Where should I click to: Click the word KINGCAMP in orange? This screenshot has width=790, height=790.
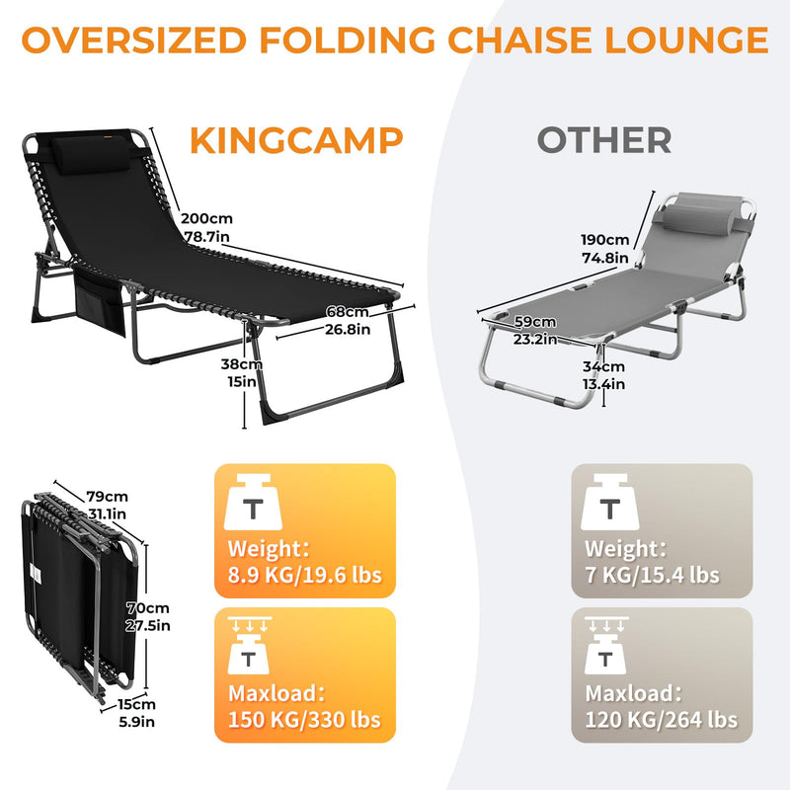pos(297,140)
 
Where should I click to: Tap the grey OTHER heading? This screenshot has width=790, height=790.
pos(603,140)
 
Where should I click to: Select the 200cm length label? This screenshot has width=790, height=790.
pos(205,218)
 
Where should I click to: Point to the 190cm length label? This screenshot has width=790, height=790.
pos(604,240)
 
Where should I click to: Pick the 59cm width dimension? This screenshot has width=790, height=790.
pos(534,322)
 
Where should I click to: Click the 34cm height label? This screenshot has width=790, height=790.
pos(602,367)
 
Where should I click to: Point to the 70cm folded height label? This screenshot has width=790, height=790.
pos(153,608)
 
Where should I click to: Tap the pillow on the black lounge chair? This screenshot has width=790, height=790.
pos(79,147)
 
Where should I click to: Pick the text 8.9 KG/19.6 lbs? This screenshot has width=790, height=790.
pos(304,575)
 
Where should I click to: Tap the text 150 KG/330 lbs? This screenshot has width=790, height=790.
pos(304,720)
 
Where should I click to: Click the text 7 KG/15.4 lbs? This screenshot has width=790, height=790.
pos(652,575)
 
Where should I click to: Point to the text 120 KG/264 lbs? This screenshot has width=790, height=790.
pos(661,720)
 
